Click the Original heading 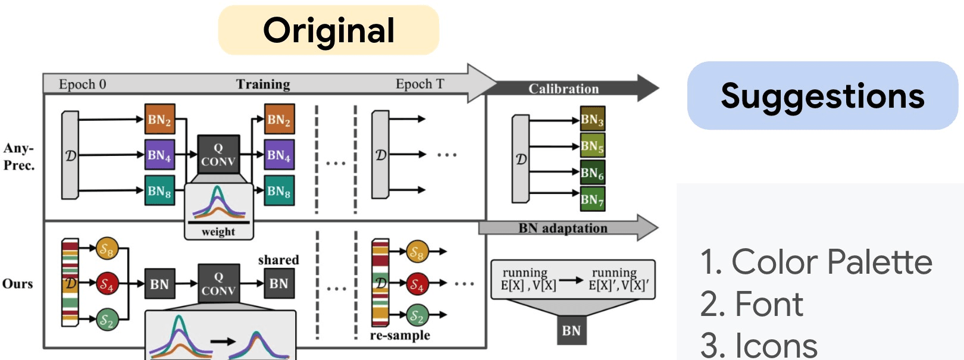[x=328, y=30]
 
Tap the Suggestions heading [x=822, y=96]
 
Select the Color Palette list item [x=816, y=262]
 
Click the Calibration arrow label [x=564, y=89]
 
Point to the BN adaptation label [x=563, y=228]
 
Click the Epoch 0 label [x=82, y=84]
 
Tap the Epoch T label [x=420, y=84]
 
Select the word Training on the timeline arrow [x=263, y=84]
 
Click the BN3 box [x=592, y=120]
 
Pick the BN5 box [x=592, y=146]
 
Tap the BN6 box [x=592, y=173]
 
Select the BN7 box [x=592, y=199]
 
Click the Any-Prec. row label [x=19, y=156]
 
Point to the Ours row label [x=18, y=283]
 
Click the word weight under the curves [x=218, y=231]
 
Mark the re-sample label [x=400, y=335]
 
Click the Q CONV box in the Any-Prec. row [x=218, y=155]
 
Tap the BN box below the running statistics [x=571, y=330]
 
